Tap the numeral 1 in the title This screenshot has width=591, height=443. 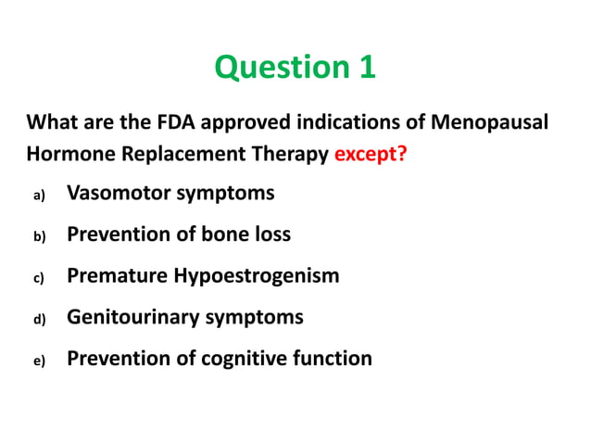pyautogui.click(x=366, y=68)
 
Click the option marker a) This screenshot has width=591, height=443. pyautogui.click(x=39, y=196)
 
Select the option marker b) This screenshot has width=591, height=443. pyautogui.click(x=39, y=236)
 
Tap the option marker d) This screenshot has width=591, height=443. pyautogui.click(x=39, y=319)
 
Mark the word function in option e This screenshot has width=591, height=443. pyautogui.click(x=333, y=359)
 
